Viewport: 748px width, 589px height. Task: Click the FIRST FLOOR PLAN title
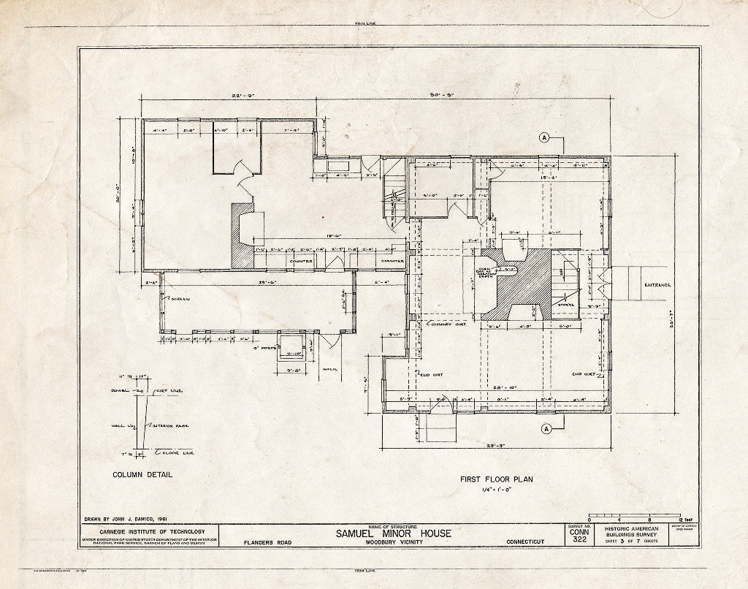click(x=497, y=479)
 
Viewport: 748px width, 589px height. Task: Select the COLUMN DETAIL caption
click(x=142, y=474)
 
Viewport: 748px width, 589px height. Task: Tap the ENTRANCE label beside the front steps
click(x=657, y=285)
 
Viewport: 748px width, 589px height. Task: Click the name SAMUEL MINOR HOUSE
click(x=394, y=533)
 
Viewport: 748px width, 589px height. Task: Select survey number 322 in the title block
click(x=580, y=539)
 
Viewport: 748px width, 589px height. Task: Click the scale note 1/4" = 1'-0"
click(x=497, y=491)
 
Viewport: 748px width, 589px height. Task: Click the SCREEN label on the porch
click(x=178, y=299)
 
